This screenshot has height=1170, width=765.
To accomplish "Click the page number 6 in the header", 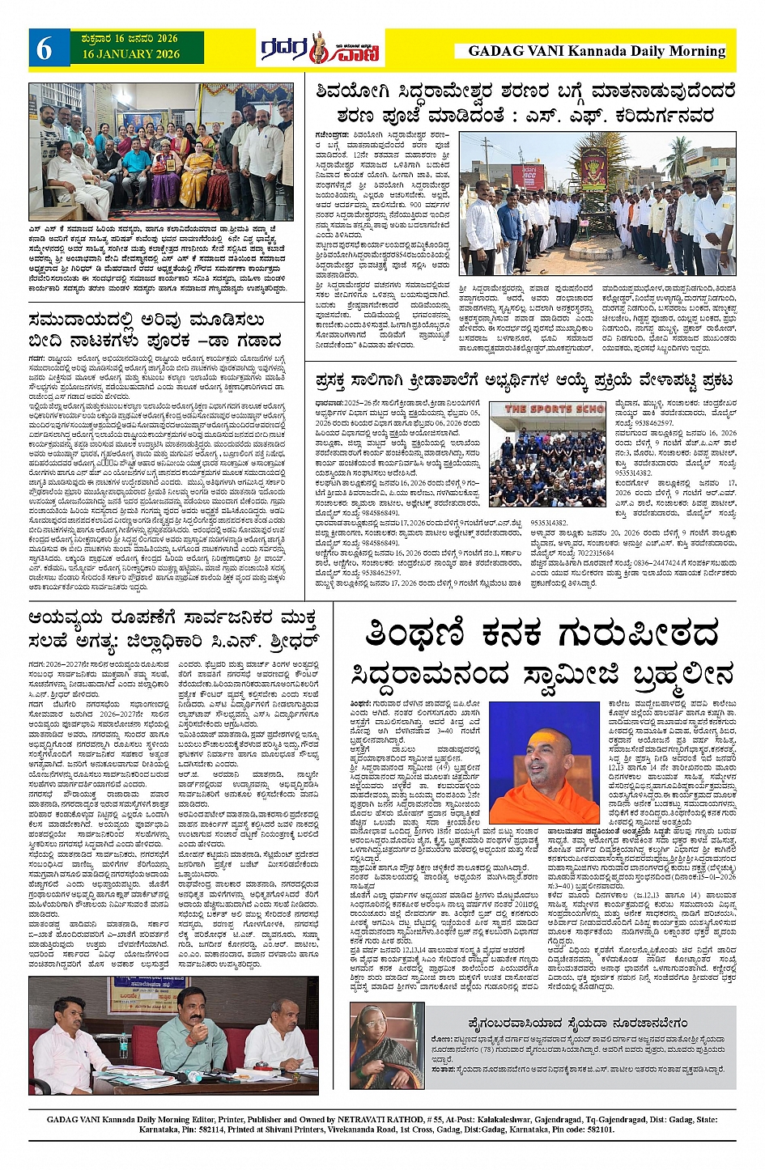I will tap(45, 49).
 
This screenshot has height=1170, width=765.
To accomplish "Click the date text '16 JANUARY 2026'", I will tap(130, 54).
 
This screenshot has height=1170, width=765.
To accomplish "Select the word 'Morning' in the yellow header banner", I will tap(695, 51).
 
